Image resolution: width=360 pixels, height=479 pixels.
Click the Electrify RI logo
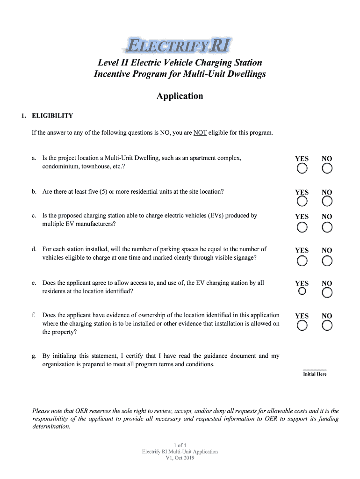pyautogui.click(x=180, y=46)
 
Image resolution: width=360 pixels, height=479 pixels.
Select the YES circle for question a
pyautogui.click(x=302, y=168)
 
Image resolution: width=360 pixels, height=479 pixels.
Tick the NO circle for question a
pyautogui.click(x=327, y=168)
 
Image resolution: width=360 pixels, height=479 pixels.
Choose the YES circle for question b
pyautogui.click(x=302, y=202)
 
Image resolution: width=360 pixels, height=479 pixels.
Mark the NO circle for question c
pyautogui.click(x=327, y=227)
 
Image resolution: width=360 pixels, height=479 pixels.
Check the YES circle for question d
pyautogui.click(x=302, y=261)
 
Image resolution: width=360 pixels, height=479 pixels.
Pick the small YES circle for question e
pyautogui.click(x=302, y=291)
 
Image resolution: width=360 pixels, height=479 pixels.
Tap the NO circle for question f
pyautogui.click(x=327, y=326)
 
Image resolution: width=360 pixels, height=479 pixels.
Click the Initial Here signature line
pyautogui.click(x=315, y=369)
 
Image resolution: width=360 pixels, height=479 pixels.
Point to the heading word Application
pyautogui.click(x=180, y=96)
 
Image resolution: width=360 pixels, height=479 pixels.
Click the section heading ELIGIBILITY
pyautogui.click(x=52, y=116)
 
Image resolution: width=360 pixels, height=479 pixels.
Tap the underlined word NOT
pyautogui.click(x=200, y=133)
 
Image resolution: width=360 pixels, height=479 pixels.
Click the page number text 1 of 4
pyautogui.click(x=180, y=445)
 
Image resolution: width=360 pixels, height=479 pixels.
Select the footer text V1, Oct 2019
pyautogui.click(x=180, y=458)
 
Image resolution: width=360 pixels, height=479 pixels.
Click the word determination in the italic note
pyautogui.click(x=50, y=427)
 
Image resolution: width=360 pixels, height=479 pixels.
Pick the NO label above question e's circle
pyautogui.click(x=327, y=283)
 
